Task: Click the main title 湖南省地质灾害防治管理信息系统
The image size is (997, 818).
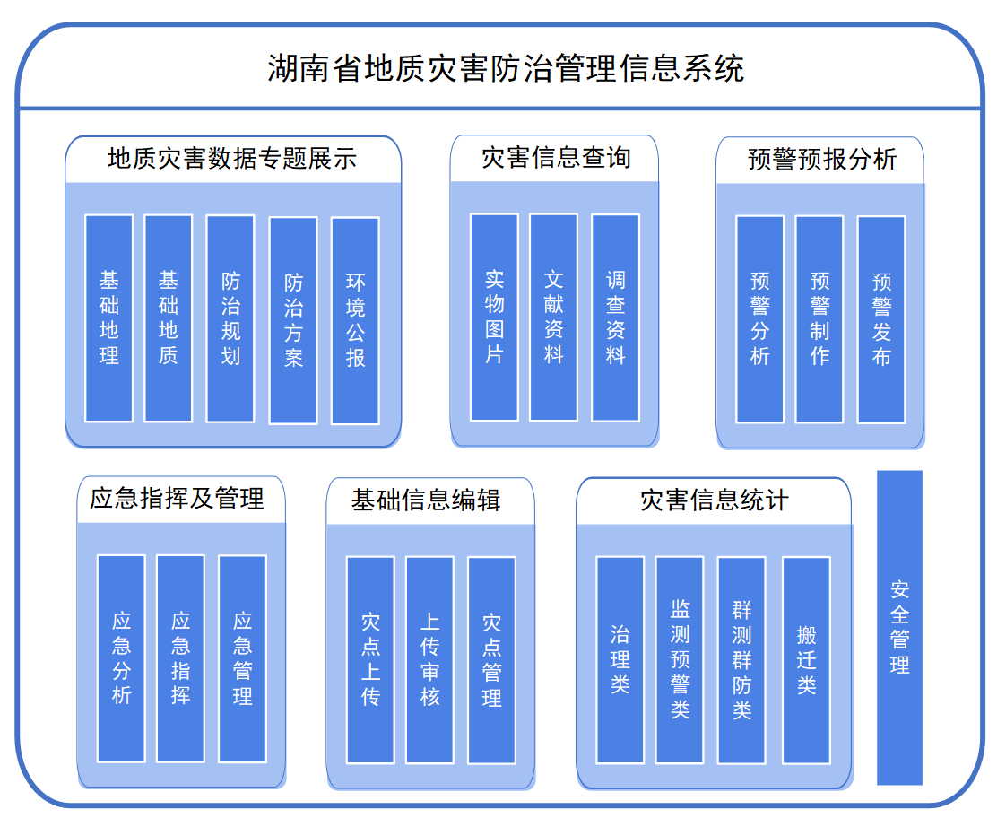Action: point(506,68)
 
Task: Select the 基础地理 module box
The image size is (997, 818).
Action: point(109,318)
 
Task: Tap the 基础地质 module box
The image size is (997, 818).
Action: point(169,318)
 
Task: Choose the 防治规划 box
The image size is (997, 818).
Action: point(230,318)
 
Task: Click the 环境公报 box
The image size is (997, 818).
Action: point(355,320)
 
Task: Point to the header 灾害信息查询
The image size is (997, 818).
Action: point(556,159)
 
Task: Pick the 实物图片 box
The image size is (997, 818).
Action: point(494,318)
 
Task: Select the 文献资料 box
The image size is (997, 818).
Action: point(553,318)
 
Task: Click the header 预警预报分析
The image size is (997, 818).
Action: point(821,160)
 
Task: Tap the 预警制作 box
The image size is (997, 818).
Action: point(819,319)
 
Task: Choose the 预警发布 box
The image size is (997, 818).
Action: point(881,319)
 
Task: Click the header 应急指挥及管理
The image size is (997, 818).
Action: point(177,500)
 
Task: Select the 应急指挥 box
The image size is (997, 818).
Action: point(181,658)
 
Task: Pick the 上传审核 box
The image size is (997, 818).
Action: point(429,660)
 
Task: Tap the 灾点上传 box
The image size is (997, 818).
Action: point(370,660)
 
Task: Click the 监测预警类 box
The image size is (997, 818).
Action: point(680,660)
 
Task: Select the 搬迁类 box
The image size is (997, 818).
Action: point(806,660)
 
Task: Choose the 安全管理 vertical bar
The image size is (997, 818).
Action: point(899,628)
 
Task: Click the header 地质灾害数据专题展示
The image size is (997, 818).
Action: point(232,159)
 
